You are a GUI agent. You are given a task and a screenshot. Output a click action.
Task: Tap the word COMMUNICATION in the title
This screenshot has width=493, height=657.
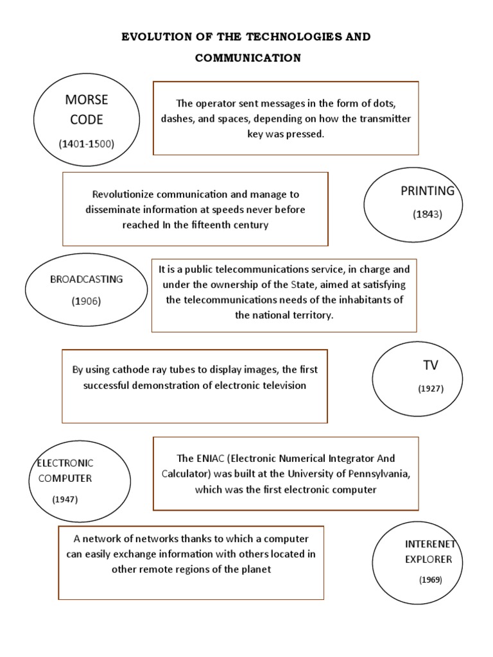[248, 58]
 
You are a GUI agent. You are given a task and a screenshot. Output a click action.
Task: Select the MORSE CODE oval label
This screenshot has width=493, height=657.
[87, 110]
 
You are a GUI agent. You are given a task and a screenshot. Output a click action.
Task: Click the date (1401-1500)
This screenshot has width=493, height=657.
[87, 144]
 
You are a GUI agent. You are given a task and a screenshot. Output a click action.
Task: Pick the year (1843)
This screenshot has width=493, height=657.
[428, 214]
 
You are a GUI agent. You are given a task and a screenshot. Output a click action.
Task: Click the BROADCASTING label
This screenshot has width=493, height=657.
[87, 280]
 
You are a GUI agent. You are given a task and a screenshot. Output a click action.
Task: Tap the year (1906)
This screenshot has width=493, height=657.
[87, 301]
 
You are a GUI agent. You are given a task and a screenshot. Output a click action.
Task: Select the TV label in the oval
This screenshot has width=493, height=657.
[430, 365]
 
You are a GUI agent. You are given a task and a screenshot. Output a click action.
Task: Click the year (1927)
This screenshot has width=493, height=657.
[431, 388]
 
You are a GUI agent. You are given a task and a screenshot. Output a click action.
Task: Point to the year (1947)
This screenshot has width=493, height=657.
[65, 500]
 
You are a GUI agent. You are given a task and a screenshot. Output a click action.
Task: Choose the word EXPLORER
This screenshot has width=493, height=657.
[429, 559]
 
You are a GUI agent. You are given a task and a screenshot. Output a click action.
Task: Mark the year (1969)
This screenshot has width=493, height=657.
[431, 580]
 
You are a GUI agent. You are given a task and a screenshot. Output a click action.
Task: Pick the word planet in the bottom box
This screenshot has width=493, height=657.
[257, 569]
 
